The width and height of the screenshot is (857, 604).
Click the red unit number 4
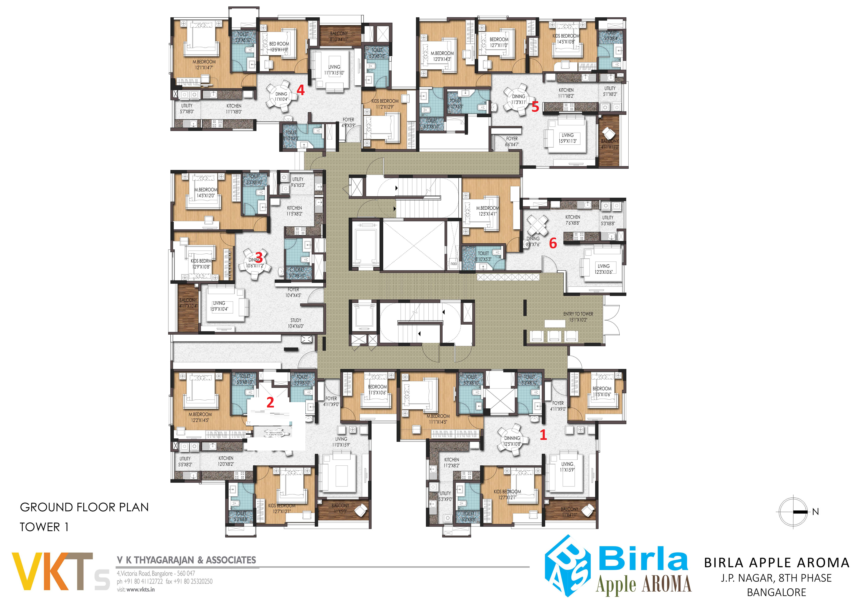[x=300, y=90]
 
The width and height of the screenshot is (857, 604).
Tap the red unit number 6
[x=553, y=243]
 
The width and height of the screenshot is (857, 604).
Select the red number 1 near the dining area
[x=543, y=435]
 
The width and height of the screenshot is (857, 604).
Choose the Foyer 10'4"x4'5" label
[x=293, y=292]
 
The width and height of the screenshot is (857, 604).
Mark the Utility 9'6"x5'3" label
[x=298, y=182]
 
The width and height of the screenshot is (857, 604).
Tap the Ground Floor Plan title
[x=84, y=507]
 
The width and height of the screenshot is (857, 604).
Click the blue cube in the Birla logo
[x=567, y=565]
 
